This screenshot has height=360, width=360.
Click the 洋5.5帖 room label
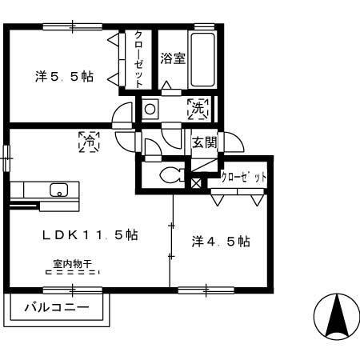coord(64,77)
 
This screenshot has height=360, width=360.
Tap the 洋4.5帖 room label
coord(221,242)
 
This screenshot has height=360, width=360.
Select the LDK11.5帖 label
coord(90,235)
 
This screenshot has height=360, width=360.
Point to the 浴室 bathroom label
coord(173,58)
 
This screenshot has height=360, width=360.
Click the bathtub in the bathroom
coord(203,60)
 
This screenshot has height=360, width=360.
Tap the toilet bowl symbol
coord(173,175)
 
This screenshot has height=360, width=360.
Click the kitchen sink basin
coord(58,190)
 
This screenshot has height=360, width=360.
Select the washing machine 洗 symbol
coord(198,109)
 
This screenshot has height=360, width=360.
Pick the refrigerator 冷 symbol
coord(89,142)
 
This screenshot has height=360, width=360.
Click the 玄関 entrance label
coord(205,142)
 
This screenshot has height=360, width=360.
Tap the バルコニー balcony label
coord(57,307)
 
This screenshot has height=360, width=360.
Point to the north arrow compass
coord(337,317)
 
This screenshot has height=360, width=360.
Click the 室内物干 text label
coord(73,264)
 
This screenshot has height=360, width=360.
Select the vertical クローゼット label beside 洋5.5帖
coord(138,59)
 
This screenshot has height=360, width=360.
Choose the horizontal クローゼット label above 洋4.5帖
coord(243,177)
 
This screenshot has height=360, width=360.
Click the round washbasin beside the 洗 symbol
coord(150,109)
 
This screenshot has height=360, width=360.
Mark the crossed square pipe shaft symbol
coord(196,183)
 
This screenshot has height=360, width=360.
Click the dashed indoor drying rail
coord(73,272)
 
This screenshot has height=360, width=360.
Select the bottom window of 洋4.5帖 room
coord(206,290)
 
